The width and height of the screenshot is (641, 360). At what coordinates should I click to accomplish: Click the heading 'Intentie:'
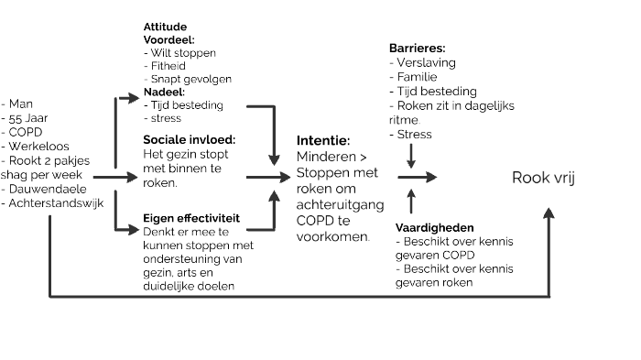(x=323, y=141)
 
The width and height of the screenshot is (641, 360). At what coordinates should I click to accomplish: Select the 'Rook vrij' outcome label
(x=544, y=177)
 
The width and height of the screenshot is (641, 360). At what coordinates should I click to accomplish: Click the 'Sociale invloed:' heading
(x=190, y=138)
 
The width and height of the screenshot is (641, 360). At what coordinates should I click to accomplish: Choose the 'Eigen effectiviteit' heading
(x=191, y=219)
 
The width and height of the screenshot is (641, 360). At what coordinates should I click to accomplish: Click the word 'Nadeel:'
(x=165, y=92)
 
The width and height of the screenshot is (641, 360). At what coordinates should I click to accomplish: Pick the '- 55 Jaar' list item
(x=27, y=118)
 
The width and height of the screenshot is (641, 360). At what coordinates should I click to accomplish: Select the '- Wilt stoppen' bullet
(x=180, y=53)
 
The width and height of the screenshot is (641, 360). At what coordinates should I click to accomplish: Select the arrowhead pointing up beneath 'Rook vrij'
(x=549, y=213)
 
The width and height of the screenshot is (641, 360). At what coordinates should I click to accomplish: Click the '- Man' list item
(x=20, y=104)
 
